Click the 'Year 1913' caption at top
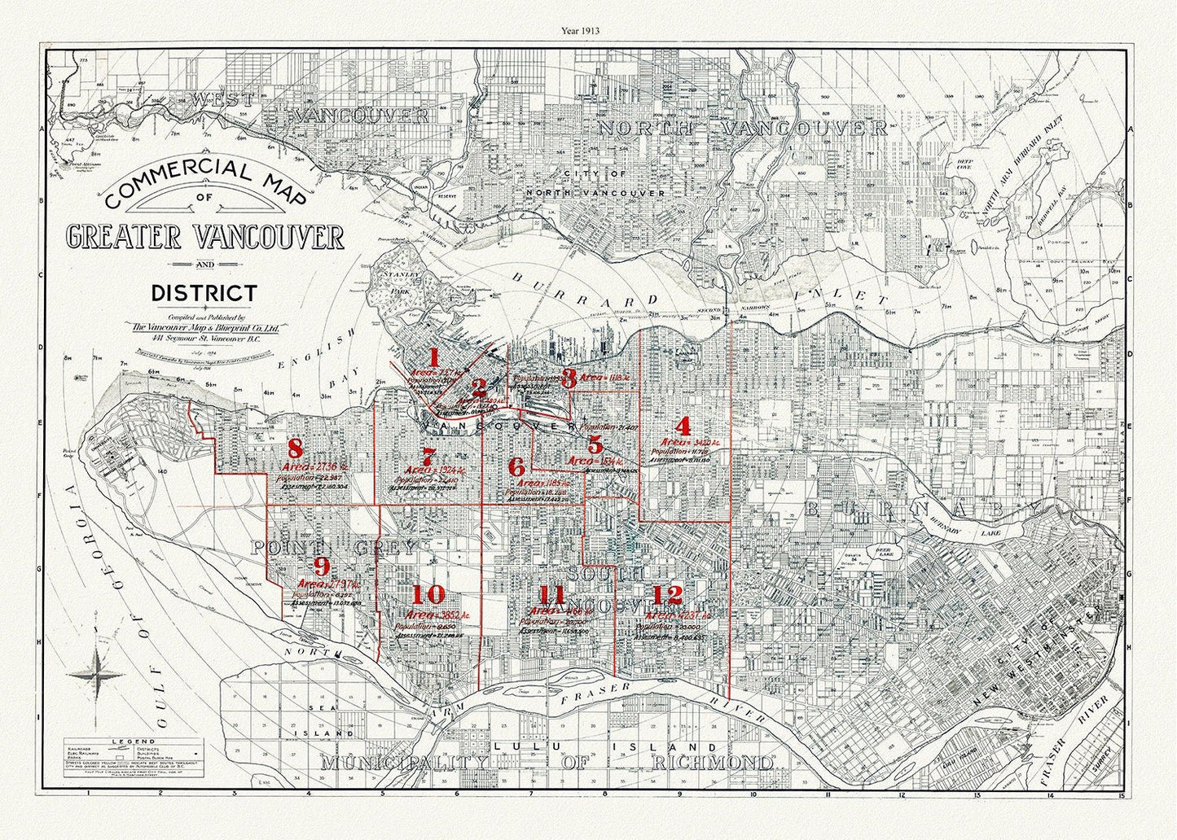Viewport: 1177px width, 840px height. coord(580,31)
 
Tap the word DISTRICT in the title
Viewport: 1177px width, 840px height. coord(204,293)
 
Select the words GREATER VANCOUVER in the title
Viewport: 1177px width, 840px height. coord(204,237)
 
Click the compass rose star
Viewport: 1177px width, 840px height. coord(97,674)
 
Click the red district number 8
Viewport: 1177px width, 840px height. coord(295,448)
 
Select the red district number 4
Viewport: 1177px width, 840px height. coord(683,427)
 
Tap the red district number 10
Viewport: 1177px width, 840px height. coord(428,594)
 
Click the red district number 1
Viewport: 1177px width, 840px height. coord(434,357)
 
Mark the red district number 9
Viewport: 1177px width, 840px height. coord(322,567)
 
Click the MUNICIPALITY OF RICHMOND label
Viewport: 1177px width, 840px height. coord(546,763)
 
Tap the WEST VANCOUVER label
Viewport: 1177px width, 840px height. coord(310,106)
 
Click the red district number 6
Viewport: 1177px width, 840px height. coord(516,467)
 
